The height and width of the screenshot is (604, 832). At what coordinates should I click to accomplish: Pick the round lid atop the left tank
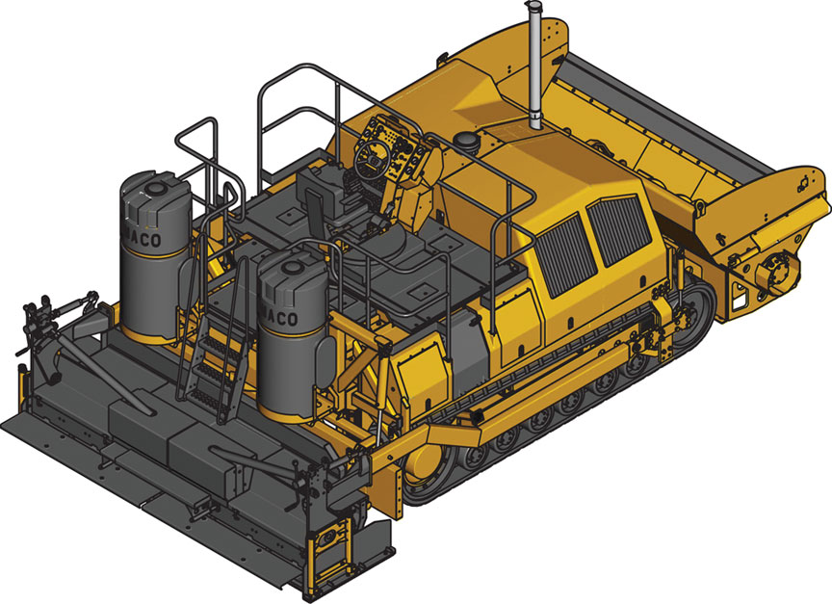click(x=144, y=184)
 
